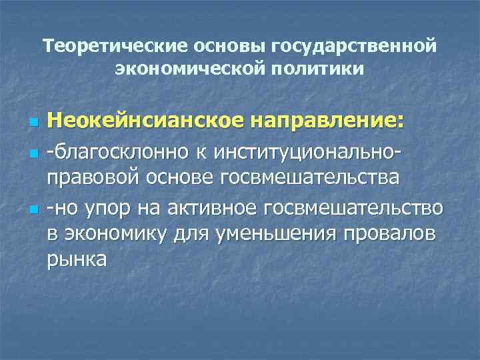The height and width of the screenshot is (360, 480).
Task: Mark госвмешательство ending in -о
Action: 354,209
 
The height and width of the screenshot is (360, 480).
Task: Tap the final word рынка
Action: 76,261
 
